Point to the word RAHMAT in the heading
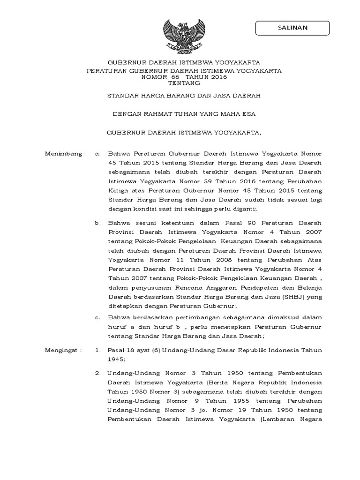pos(159,113)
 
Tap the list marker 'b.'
pos(97,223)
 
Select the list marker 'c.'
pos(97,318)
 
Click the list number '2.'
pos(97,373)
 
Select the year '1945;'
pos(117,360)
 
